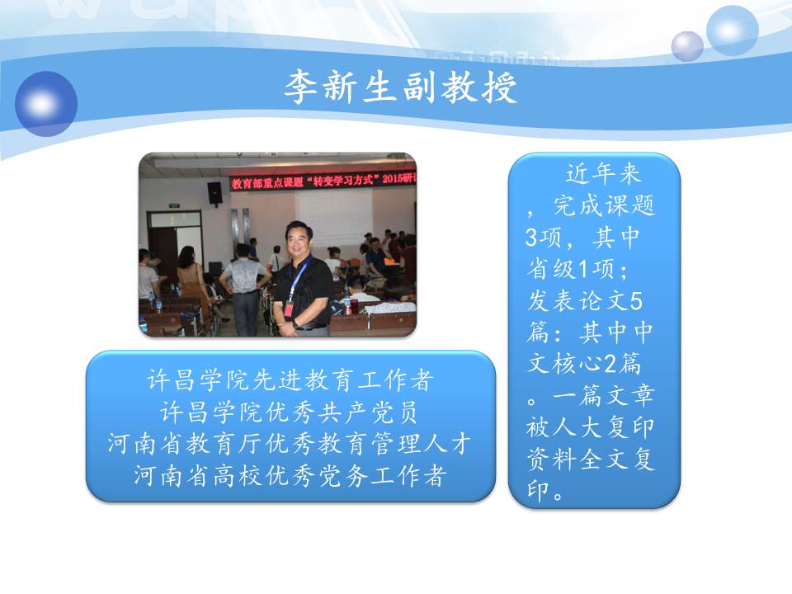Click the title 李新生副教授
401,87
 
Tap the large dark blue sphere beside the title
46,104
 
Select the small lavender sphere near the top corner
687,46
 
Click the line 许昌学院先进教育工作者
290,380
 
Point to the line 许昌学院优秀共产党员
290,412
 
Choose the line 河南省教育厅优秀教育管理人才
290,444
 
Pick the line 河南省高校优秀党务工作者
290,476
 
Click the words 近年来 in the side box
604,174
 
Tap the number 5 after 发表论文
636,302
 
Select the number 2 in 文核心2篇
610,364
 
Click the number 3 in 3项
532,238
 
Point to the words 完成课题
604,205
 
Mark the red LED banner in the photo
323,181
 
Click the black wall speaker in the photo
214,192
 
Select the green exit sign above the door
174,206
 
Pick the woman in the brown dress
193,283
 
